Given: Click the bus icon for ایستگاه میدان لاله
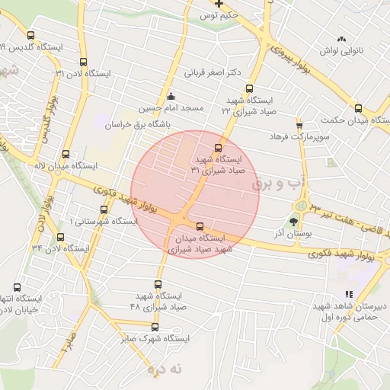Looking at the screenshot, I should coord(66,154).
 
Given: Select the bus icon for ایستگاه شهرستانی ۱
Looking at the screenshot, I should coord(104,209).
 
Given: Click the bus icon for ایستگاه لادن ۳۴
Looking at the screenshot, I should coord(60,237).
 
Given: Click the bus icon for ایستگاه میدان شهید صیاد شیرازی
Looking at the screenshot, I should coord(200,226).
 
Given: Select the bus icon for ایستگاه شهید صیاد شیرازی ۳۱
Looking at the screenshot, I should coord(219,148).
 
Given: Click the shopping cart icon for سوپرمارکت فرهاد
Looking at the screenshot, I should coord(299,125).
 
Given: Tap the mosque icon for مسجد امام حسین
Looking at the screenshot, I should coord(170,97).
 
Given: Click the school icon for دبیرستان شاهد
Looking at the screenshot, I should coord(349,294).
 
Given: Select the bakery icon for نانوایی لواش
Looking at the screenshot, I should coord(341,38).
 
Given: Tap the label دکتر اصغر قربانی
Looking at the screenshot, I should coord(213,74).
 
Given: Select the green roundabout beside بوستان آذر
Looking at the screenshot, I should coord(304,206).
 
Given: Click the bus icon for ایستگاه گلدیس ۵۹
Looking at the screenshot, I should coord(30,34).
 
